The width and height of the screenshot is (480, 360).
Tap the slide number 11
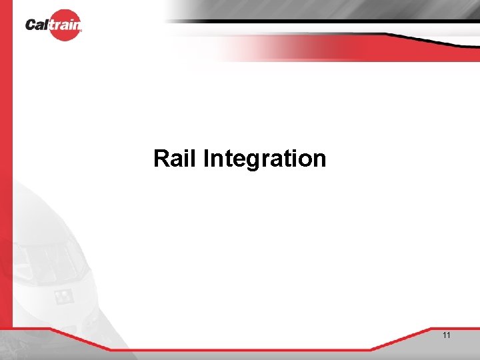point(446,335)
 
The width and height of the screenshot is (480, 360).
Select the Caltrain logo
point(55,25)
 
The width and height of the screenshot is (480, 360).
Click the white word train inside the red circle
point(65,25)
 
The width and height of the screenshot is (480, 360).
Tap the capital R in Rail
point(161,159)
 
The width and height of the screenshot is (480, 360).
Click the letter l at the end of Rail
point(193,159)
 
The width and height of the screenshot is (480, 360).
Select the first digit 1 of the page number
point(444,335)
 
